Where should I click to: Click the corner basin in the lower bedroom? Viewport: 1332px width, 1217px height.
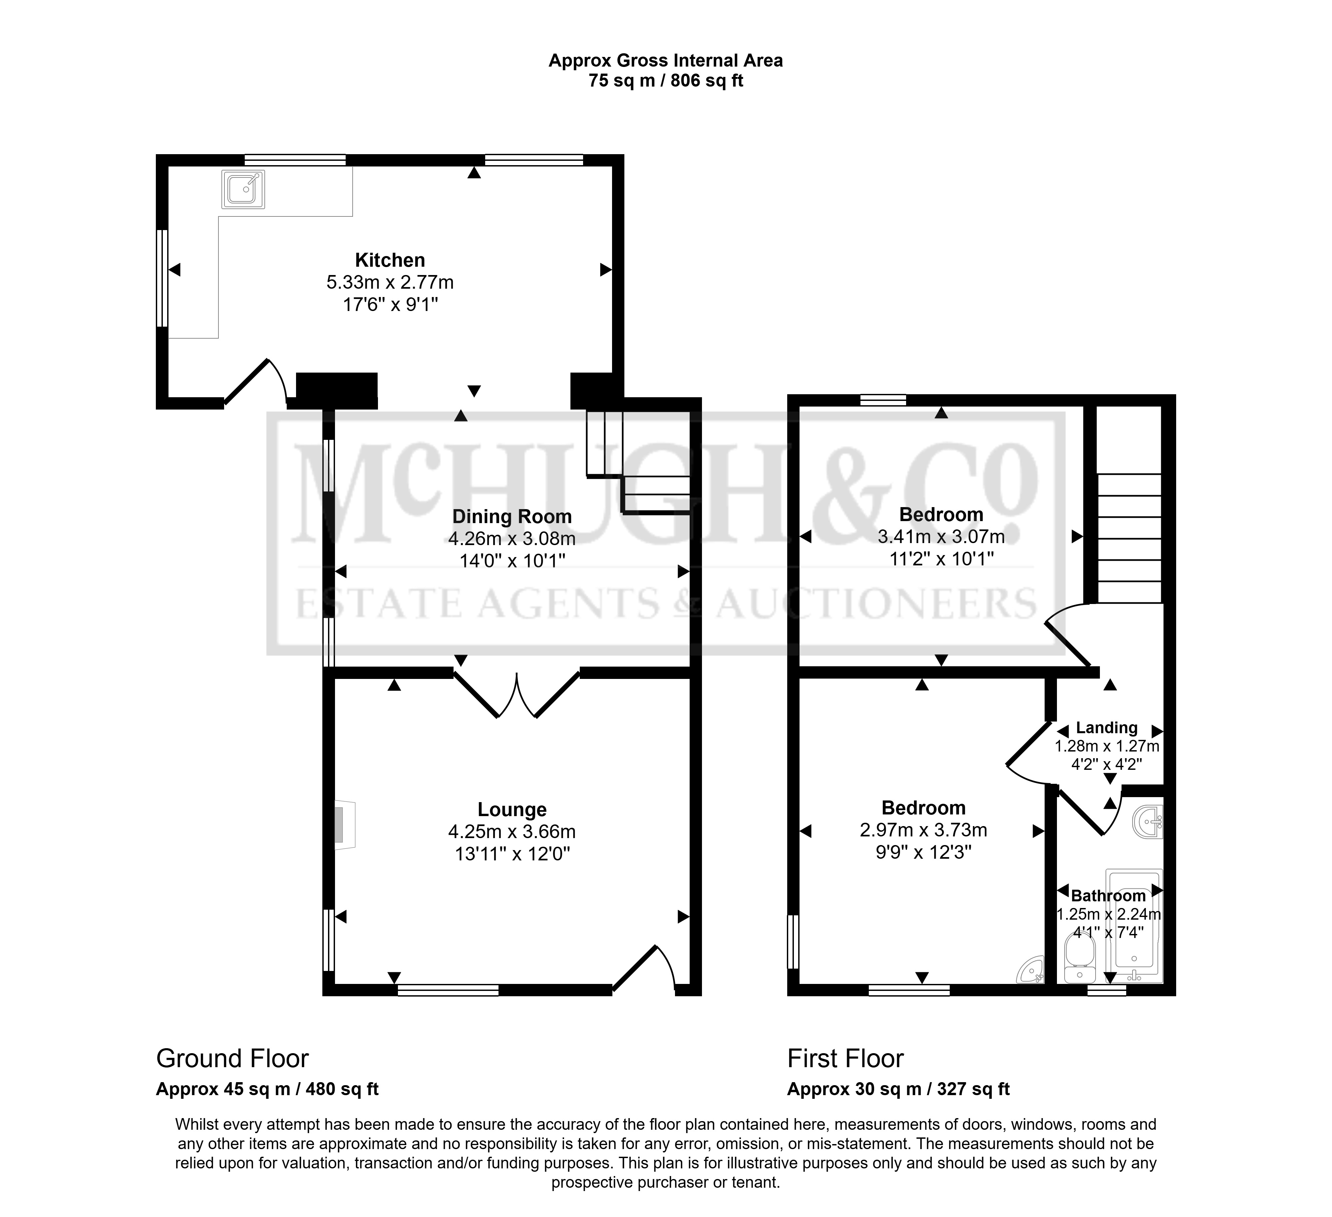(1031, 969)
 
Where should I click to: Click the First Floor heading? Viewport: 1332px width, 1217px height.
(845, 1059)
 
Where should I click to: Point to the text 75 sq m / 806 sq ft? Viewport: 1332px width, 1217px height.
(666, 81)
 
